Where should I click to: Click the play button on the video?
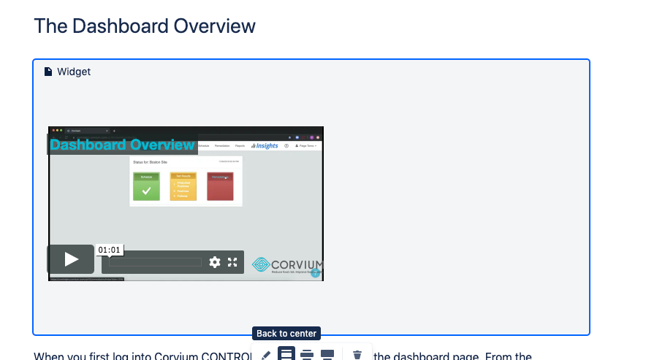tap(71, 259)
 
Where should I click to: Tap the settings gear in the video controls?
tap(214, 262)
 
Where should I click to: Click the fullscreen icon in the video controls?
tap(232, 262)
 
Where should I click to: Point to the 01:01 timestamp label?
tap(109, 250)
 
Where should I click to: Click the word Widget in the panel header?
tap(74, 72)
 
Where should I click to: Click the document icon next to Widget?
tap(48, 72)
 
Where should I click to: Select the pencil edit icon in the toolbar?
tap(265, 355)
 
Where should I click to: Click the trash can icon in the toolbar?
tap(357, 355)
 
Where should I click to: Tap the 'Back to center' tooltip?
tap(286, 334)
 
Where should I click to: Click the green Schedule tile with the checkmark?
tap(146, 186)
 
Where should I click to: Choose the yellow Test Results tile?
tap(183, 186)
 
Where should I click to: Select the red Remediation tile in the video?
tap(220, 186)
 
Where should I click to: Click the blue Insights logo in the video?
tap(265, 145)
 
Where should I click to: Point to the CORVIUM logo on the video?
tap(287, 264)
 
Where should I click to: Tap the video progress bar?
tap(156, 262)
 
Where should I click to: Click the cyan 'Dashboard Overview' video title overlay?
tap(122, 145)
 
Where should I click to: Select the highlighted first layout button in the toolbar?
tap(286, 355)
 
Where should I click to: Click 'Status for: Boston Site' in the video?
tap(151, 161)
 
